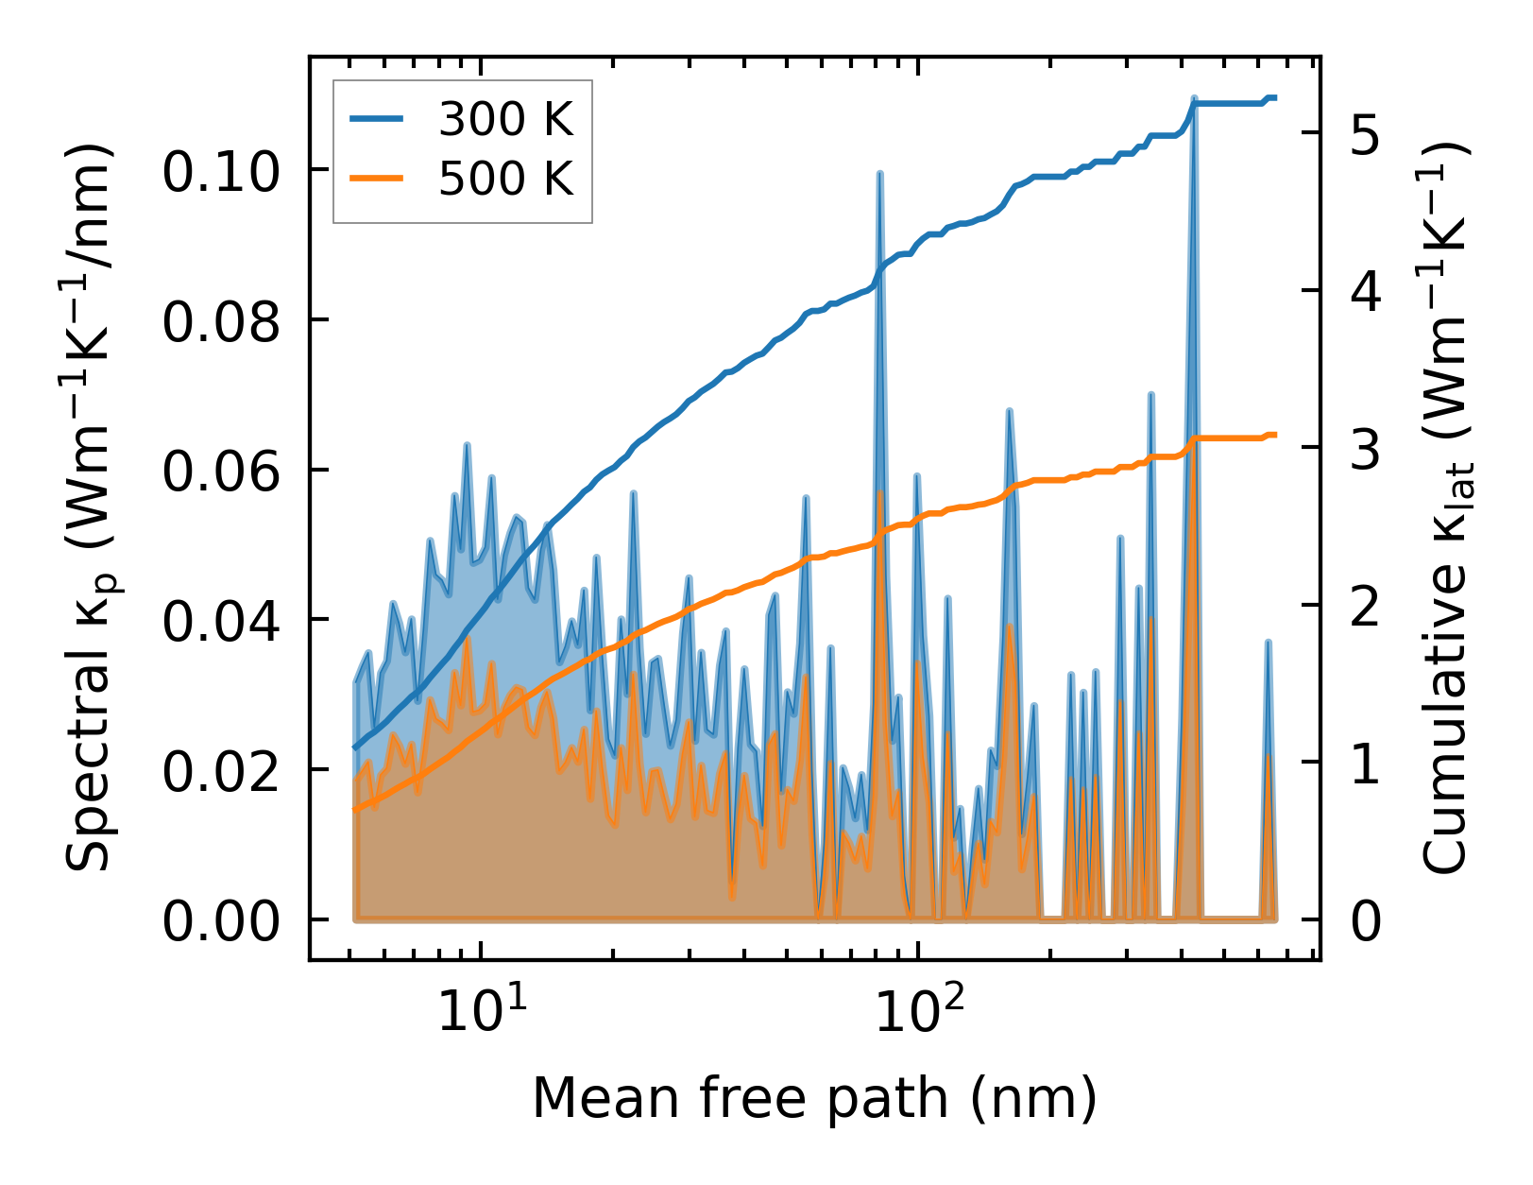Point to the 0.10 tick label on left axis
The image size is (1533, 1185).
[222, 172]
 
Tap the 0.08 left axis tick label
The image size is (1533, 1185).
[222, 322]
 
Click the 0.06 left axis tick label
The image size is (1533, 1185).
[222, 472]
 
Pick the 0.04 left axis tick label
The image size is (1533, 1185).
[222, 622]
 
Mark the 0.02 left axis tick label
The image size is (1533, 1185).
[222, 771]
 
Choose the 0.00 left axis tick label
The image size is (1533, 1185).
[222, 921]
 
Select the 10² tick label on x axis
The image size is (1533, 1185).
[913, 1009]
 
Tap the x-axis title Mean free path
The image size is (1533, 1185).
[814, 1098]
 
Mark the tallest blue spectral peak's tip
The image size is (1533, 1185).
[1194, 98]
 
